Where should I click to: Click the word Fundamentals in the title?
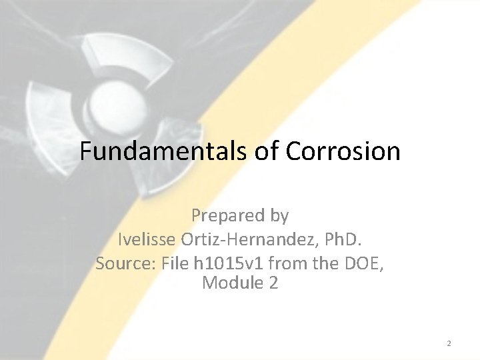pyautogui.click(x=164, y=151)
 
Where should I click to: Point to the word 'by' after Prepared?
pyautogui.click(x=279, y=216)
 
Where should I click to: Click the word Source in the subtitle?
pyautogui.click(x=127, y=263)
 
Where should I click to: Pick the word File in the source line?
pyautogui.click(x=176, y=263)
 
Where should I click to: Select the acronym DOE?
pyautogui.click(x=361, y=263)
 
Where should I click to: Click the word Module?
pyautogui.click(x=233, y=283)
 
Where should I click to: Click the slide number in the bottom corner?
pyautogui.click(x=449, y=343)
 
